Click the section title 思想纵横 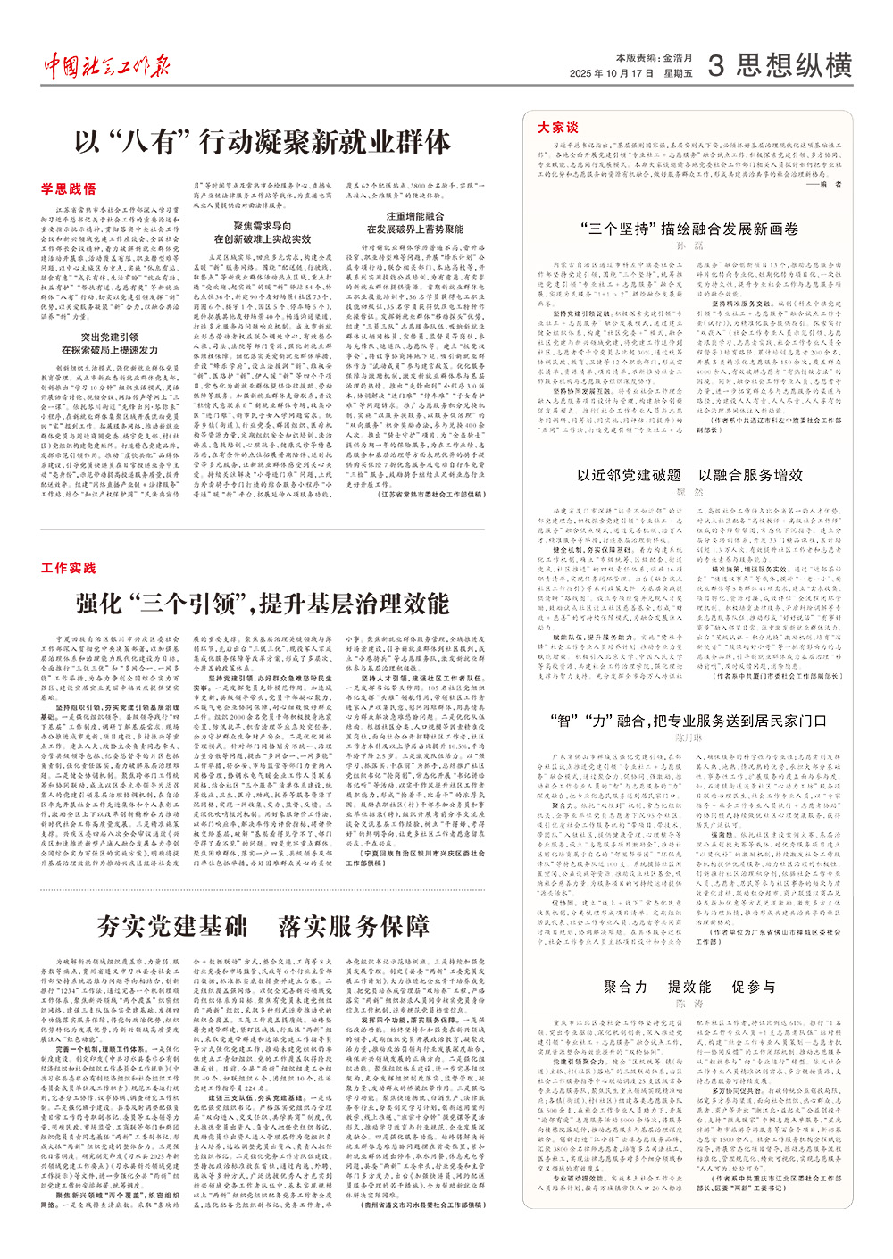coord(795,66)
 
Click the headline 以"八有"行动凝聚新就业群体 coord(263,142)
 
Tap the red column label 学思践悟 coord(68,189)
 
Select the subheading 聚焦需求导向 coord(263,227)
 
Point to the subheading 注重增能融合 coord(415,216)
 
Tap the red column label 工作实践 coord(68,568)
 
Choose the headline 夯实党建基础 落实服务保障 coord(263,926)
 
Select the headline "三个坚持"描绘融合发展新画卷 coord(689,229)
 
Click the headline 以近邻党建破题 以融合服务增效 coord(689,475)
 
